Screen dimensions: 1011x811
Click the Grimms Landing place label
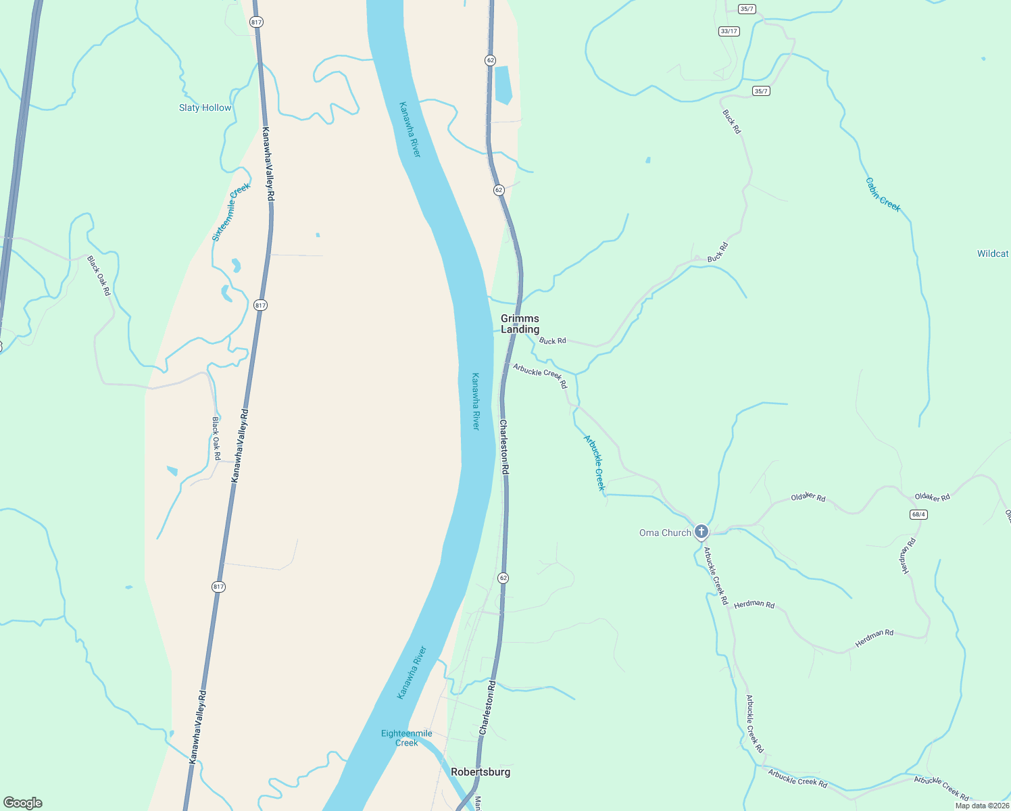coord(520,324)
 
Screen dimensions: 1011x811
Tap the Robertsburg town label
coord(480,772)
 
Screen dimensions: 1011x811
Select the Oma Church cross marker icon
coord(701,531)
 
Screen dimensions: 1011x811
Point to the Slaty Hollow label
coord(205,107)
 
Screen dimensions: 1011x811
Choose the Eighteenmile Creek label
coord(406,738)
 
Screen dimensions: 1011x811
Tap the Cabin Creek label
coord(883,195)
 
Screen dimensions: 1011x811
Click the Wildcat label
coord(992,253)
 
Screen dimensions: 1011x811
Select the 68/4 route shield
coord(918,514)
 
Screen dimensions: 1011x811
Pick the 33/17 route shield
coord(729,31)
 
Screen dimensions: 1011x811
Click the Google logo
coord(22,803)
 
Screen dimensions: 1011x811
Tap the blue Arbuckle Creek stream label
coord(595,463)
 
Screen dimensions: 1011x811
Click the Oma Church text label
coord(665,533)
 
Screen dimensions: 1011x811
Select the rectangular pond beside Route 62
coord(503,85)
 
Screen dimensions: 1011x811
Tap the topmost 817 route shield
coord(255,22)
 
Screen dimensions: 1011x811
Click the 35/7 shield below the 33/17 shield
coord(762,91)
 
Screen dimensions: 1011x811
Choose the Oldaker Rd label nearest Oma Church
coord(808,497)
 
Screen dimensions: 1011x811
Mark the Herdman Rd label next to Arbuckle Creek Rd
coord(754,604)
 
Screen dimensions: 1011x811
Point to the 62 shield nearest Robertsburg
coord(503,578)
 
